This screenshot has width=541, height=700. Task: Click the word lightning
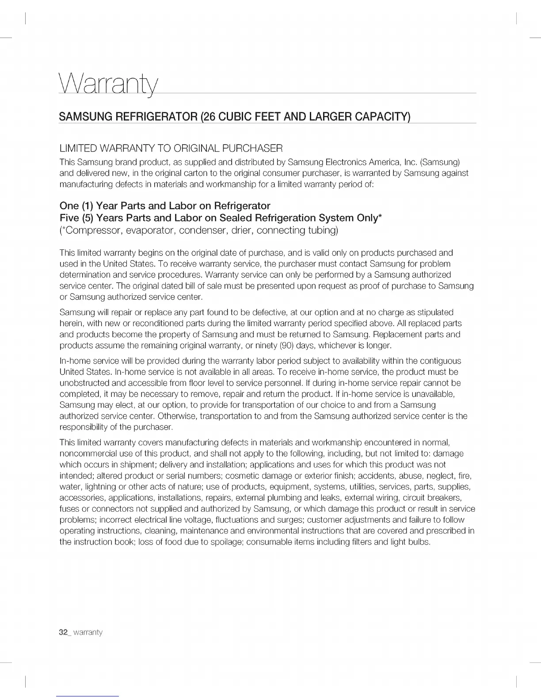tap(94, 487)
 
